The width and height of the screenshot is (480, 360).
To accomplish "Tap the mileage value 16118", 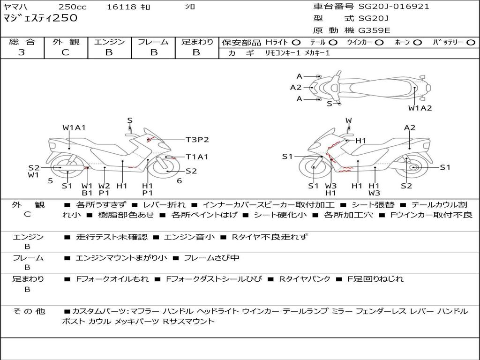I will click(121, 7).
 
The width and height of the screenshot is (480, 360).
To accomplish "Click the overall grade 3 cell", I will click(22, 52).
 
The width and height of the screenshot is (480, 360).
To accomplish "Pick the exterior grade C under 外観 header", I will click(65, 52).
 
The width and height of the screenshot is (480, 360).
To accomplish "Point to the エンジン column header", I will click(109, 42).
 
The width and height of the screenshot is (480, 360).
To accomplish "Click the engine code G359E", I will click(375, 30).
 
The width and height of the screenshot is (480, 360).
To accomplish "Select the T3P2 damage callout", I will click(197, 139).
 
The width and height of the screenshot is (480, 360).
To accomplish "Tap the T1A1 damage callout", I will click(197, 157).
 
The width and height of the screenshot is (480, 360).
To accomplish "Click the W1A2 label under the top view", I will click(420, 108).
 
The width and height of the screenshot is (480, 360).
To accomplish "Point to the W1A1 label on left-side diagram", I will click(74, 127).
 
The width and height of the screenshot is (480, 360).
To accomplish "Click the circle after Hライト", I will click(296, 42).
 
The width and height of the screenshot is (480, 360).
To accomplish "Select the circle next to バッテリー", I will click(471, 42).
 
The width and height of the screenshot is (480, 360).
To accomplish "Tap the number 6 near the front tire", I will click(179, 181).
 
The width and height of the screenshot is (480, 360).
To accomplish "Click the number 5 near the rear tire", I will click(50, 181).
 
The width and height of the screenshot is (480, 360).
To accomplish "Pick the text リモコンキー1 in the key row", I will click(279, 53).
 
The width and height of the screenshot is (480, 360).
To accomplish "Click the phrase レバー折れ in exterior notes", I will click(164, 205).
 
